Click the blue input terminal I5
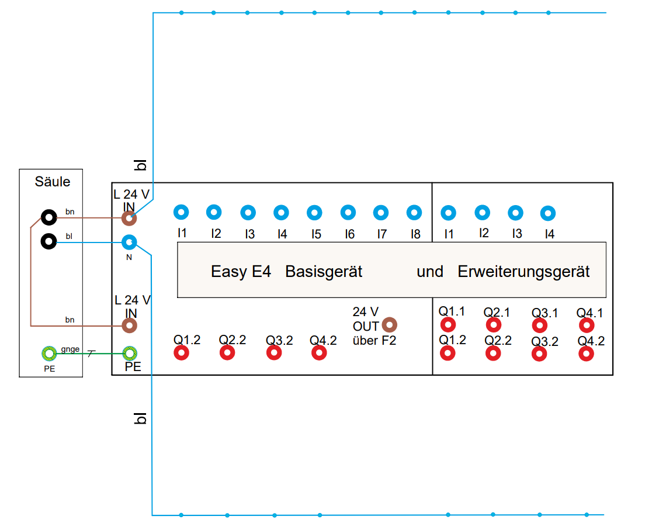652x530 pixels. click(314, 213)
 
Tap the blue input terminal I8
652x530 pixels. click(414, 213)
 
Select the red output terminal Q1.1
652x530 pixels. click(448, 324)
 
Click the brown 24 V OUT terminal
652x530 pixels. click(389, 325)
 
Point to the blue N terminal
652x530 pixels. click(129, 241)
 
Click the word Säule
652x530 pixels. click(53, 182)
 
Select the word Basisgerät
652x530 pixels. click(324, 272)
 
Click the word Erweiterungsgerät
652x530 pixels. click(523, 272)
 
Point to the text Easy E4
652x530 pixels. click(241, 272)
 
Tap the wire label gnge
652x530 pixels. click(70, 349)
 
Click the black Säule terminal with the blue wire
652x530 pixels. click(48, 240)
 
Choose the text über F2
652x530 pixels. click(374, 340)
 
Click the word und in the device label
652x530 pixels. click(429, 272)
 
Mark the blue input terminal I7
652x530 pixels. click(381, 213)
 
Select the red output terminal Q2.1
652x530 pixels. click(494, 324)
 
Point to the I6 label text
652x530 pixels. click(349, 234)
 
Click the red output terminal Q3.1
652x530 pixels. click(540, 325)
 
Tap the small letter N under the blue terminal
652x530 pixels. click(129, 257)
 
